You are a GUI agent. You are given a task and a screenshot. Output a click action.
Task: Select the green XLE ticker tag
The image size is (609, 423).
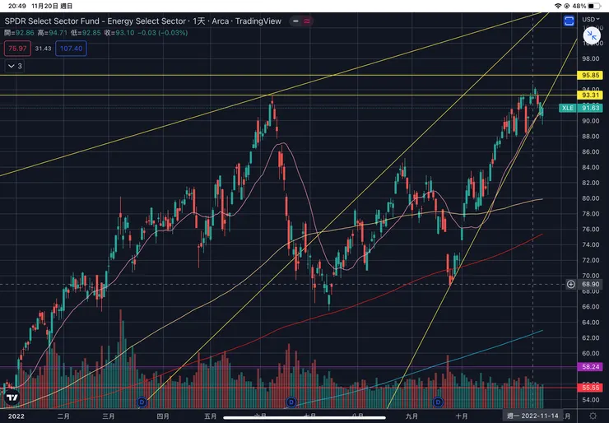567,108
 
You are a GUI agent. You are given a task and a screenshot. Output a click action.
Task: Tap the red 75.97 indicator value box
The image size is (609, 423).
16,49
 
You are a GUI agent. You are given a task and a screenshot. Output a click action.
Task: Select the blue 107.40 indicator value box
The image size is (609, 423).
72,49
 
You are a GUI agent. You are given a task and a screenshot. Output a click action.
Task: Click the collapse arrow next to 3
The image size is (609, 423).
11,66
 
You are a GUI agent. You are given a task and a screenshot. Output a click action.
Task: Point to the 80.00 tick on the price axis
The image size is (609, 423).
590,198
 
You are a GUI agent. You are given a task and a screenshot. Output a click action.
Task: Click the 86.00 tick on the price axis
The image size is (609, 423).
590,151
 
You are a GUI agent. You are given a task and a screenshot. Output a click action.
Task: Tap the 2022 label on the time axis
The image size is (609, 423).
16,416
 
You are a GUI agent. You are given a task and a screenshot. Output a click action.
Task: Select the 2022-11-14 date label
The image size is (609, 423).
533,416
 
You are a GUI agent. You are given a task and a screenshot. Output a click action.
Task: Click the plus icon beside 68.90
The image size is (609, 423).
571,284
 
